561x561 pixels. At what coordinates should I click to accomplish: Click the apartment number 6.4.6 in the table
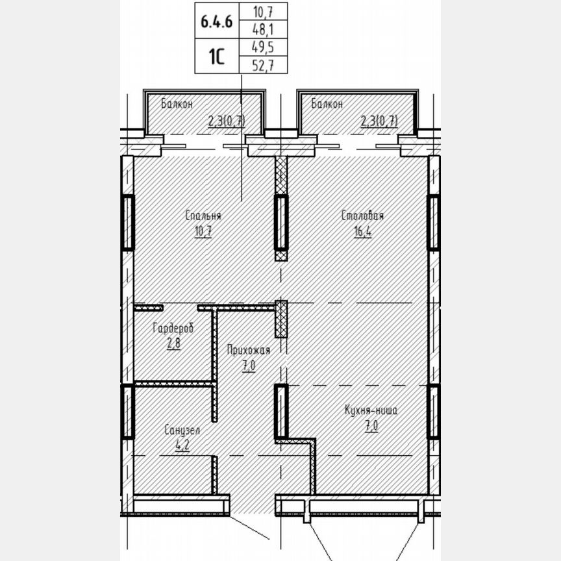point(216,20)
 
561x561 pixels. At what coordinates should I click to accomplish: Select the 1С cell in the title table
point(216,56)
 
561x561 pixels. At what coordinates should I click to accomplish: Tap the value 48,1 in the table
point(263,30)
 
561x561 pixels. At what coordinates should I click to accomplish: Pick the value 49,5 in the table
point(263,47)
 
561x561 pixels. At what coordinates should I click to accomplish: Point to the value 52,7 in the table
point(263,64)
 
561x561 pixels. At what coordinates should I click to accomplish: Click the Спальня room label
point(203,216)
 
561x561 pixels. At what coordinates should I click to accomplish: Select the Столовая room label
point(363,216)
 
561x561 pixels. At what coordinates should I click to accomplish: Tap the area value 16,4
point(362,232)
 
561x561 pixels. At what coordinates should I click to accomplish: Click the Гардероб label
point(173,329)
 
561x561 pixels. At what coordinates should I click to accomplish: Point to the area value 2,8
point(173,343)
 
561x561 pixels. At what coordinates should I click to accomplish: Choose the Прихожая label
point(248,351)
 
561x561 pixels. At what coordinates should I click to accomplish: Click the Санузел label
point(182,430)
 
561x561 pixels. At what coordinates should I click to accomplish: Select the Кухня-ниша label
point(371,410)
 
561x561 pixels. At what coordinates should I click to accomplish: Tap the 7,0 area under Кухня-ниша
point(371,426)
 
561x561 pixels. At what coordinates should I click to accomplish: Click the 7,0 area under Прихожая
point(248,366)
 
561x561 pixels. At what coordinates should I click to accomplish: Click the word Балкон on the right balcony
point(327,103)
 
